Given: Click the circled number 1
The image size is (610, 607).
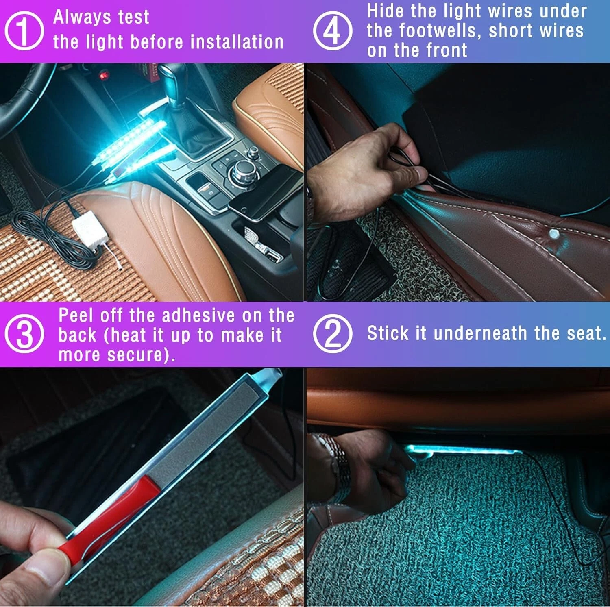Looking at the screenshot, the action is click(x=24, y=30).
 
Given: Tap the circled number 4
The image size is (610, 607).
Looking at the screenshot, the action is click(x=333, y=30).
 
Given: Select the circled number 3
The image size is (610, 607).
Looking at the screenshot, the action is click(x=24, y=334).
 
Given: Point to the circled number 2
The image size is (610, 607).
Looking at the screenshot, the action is click(x=333, y=334).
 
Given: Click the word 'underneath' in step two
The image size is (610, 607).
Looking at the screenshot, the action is click(x=480, y=333).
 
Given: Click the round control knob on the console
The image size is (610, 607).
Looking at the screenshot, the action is click(x=243, y=171).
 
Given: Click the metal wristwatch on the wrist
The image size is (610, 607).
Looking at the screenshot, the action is click(x=335, y=468).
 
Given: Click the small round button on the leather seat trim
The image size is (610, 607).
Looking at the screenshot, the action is click(x=554, y=234).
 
